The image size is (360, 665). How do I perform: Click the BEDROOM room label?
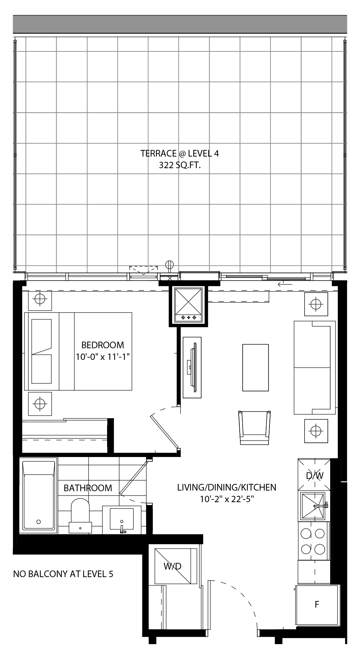(103, 345)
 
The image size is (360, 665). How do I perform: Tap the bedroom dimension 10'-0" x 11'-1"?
(102, 357)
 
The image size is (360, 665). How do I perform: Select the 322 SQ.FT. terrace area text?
(180, 165)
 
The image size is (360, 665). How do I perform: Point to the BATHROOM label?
(88, 488)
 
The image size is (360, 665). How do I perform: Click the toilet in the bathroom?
(80, 515)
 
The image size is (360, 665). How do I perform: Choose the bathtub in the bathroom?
(38, 496)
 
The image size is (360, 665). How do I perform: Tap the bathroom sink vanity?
(122, 520)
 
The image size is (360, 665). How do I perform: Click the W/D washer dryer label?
(172, 566)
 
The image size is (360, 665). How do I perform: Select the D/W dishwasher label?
(315, 476)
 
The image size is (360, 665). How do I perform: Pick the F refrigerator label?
(317, 604)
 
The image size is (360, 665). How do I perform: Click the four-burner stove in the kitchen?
(313, 541)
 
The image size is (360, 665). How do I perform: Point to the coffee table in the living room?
(256, 367)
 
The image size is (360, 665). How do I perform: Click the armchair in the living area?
(255, 428)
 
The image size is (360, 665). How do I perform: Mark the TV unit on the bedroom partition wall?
(192, 367)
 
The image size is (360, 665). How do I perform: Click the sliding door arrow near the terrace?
(285, 284)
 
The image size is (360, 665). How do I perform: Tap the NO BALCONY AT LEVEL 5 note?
(63, 574)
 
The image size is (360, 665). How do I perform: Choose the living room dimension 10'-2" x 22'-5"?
(227, 499)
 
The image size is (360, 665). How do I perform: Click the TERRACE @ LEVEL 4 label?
(180, 153)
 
